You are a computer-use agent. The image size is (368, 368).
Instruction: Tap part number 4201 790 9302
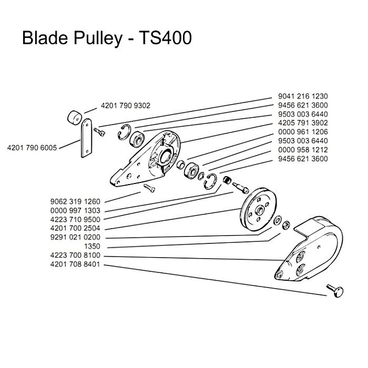pos(124,105)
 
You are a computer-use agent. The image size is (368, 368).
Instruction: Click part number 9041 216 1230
pos(301,96)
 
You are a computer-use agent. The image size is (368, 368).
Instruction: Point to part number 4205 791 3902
pos(301,123)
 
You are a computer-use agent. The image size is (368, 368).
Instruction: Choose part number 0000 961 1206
pos(301,132)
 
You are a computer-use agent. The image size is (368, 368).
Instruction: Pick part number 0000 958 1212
pos(301,150)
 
